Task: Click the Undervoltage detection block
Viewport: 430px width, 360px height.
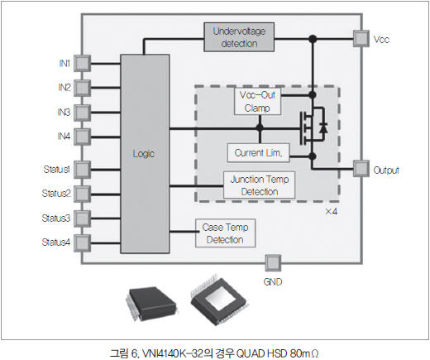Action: [x=239, y=37]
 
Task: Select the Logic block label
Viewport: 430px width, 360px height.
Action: [x=143, y=154]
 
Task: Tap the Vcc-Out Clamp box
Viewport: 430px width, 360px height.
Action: [x=257, y=101]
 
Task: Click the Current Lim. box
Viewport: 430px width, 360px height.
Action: [x=258, y=152]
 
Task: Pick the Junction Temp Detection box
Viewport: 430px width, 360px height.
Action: [x=259, y=185]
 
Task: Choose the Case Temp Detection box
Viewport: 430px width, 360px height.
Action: [x=225, y=233]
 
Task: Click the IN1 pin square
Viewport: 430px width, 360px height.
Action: [x=82, y=64]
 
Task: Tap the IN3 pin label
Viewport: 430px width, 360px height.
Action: [x=64, y=113]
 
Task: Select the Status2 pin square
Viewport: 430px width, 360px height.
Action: [x=82, y=194]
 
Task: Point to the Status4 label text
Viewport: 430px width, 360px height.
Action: [x=56, y=242]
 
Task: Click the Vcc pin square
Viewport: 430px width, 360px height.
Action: [x=361, y=39]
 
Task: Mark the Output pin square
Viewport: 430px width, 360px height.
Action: [x=361, y=169]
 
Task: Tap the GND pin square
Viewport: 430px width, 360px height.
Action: [x=273, y=263]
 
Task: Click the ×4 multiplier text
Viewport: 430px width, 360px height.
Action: [x=331, y=212]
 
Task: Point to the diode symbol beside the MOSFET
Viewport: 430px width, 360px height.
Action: [x=323, y=128]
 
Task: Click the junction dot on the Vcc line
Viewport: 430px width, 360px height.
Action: [x=313, y=39]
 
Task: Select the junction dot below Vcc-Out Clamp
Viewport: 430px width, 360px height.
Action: [x=260, y=127]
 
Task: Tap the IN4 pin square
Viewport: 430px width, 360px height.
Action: [x=82, y=137]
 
